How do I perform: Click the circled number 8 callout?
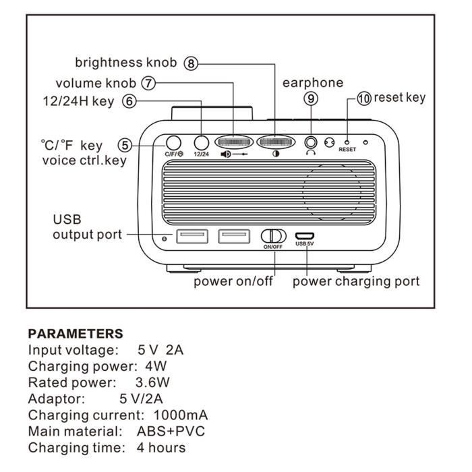tap(192, 63)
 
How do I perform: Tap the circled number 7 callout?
tap(148, 83)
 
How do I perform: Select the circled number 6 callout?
tap(129, 102)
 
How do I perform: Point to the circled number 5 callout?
tap(125, 144)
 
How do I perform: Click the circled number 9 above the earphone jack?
tap(311, 98)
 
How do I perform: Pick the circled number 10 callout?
tap(364, 98)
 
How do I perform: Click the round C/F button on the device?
tap(174, 143)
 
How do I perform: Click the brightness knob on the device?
tap(276, 142)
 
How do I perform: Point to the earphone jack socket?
tap(311, 142)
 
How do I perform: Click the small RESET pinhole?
tap(347, 143)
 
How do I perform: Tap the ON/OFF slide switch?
tap(273, 236)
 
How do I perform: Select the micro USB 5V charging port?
tap(305, 236)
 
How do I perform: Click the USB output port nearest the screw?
tap(191, 236)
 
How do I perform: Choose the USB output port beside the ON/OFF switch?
tap(234, 236)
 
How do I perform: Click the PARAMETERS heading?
tap(76, 334)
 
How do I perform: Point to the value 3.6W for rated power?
tap(151, 382)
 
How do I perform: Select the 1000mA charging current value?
tap(181, 415)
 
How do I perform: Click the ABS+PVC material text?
tap(171, 431)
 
